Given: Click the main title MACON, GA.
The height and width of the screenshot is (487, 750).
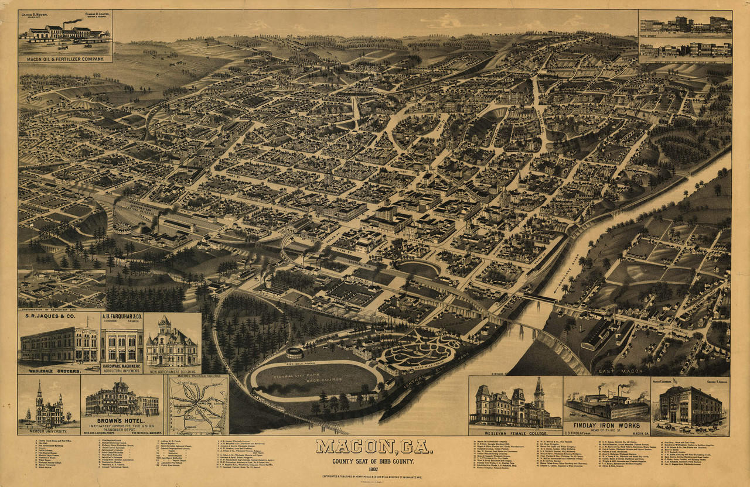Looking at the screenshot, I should tap(374, 448).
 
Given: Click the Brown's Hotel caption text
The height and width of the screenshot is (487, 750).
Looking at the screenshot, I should tap(122, 420).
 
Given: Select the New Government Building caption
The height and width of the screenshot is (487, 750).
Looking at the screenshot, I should tap(172, 371).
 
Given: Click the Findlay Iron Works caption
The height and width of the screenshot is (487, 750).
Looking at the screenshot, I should tap(606, 424).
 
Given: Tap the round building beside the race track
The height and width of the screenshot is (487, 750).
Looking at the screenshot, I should tap(294, 353).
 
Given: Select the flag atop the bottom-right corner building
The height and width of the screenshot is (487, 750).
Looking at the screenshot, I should tap(674, 382).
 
